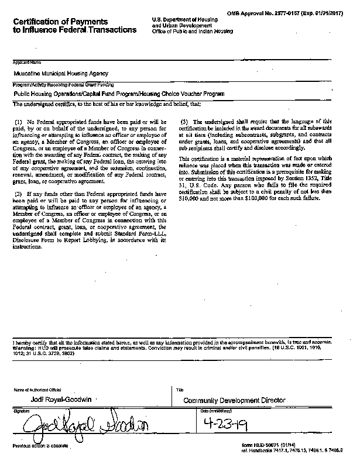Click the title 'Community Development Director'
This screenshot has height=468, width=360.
pyautogui.click(x=234, y=400)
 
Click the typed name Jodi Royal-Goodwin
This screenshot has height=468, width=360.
pyautogui.click(x=58, y=400)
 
